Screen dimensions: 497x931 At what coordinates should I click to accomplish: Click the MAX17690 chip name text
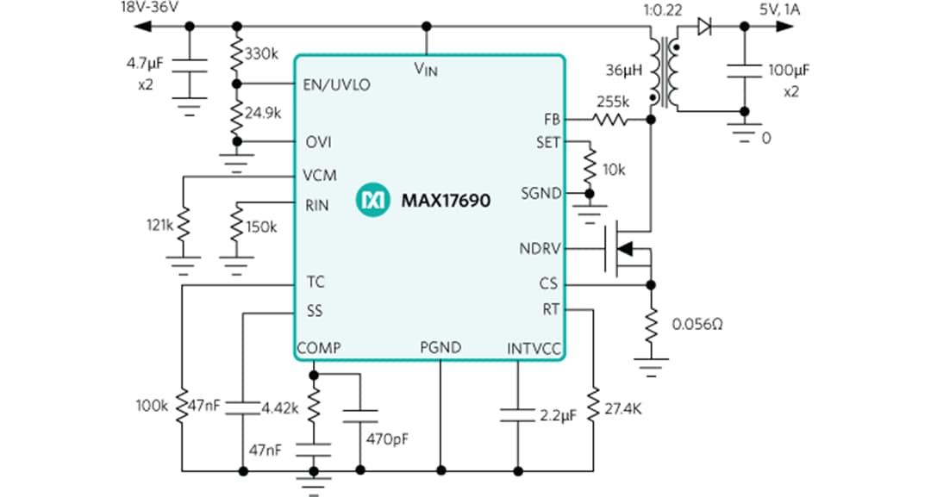point(446,202)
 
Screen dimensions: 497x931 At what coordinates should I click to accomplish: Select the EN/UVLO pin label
point(336,84)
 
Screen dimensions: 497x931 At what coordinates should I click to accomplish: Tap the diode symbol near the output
point(704,27)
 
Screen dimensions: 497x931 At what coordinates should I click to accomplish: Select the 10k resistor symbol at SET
point(591,168)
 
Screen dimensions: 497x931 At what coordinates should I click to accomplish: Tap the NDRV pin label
point(539,249)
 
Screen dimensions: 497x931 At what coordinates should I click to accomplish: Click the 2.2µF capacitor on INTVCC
point(517,413)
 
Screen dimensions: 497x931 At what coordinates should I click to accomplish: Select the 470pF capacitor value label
point(386,438)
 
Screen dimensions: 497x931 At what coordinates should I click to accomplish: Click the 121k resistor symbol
point(182,226)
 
